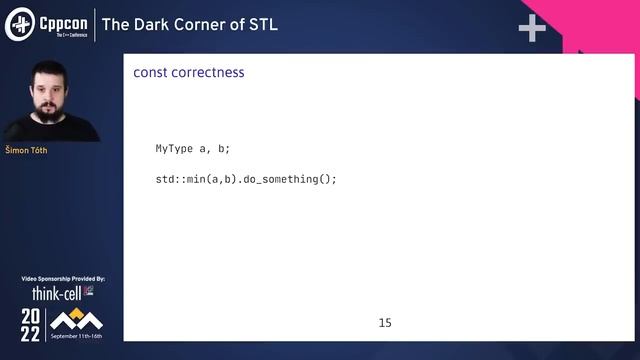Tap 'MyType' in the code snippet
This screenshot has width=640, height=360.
(x=174, y=149)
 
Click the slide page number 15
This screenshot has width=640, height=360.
(x=385, y=323)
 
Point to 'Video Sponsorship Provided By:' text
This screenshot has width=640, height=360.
(x=63, y=278)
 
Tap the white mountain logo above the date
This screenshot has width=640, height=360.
(x=76, y=319)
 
